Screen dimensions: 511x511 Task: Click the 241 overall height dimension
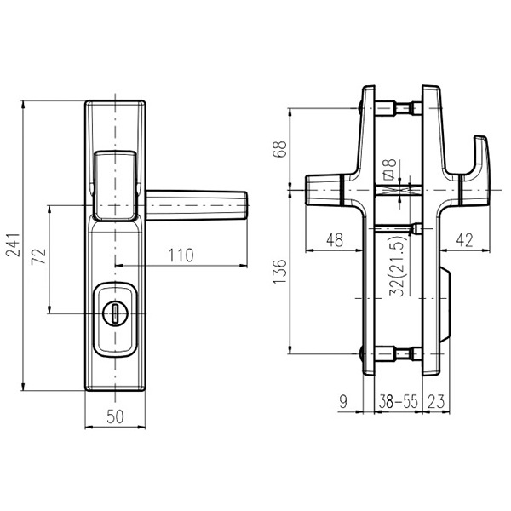point(14,245)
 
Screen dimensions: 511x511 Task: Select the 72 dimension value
point(39,256)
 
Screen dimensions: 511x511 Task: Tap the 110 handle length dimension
point(181,255)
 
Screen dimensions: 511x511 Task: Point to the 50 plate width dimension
point(115,416)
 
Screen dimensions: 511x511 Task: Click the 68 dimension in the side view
point(279,149)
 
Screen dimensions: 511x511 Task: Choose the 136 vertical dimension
point(279,272)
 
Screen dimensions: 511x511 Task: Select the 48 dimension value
point(335,240)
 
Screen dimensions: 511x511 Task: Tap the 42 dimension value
point(464,240)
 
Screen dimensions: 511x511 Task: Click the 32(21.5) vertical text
point(399,266)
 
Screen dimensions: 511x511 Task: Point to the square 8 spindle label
point(389,169)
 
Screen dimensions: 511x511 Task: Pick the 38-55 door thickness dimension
point(398,402)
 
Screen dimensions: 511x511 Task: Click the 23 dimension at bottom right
point(436,402)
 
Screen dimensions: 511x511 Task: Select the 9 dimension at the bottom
point(343,402)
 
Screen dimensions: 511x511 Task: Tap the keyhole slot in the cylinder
point(115,313)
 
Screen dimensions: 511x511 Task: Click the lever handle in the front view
point(197,205)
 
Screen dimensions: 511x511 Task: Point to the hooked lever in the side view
point(474,171)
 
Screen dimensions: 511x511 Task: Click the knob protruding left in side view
point(324,190)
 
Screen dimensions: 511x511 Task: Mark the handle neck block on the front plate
point(115,186)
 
